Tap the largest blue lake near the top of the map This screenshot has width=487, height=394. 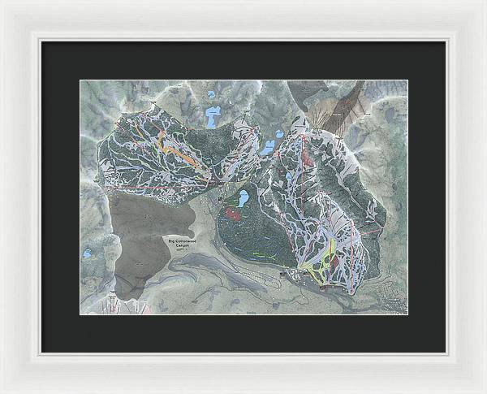point(213,119)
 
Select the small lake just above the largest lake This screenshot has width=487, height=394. point(213,94)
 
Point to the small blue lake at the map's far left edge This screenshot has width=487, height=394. point(87,253)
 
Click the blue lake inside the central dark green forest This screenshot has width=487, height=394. point(242,197)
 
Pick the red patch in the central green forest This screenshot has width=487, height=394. point(233,214)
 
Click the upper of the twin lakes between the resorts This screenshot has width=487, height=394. point(279,134)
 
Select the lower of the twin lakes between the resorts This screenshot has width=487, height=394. point(267,149)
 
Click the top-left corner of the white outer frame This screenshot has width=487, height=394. point(2,2)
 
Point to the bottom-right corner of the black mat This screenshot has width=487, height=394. point(446,352)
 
